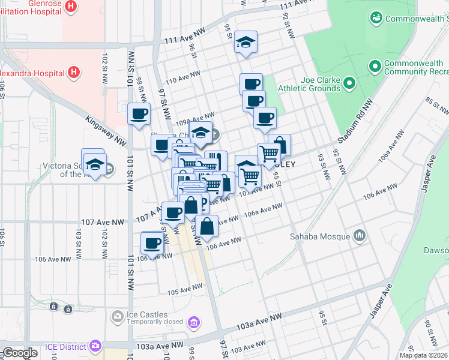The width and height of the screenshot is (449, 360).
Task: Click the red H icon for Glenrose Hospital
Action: (x=71, y=7)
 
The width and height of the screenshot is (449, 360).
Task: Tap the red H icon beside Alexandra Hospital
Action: (x=74, y=73)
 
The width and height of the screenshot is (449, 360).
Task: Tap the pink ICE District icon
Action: (x=95, y=346)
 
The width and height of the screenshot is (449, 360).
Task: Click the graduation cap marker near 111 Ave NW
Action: (x=246, y=43)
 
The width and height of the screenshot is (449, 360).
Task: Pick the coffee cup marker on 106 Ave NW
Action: (x=152, y=244)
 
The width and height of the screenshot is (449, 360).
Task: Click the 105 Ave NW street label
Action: (x=186, y=290)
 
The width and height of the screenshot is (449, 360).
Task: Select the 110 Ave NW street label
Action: (x=182, y=79)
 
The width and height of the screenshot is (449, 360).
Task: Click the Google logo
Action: (x=20, y=352)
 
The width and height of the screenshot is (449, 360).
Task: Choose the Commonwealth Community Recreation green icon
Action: (x=375, y=65)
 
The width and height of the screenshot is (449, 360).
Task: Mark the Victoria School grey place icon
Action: (x=109, y=170)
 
